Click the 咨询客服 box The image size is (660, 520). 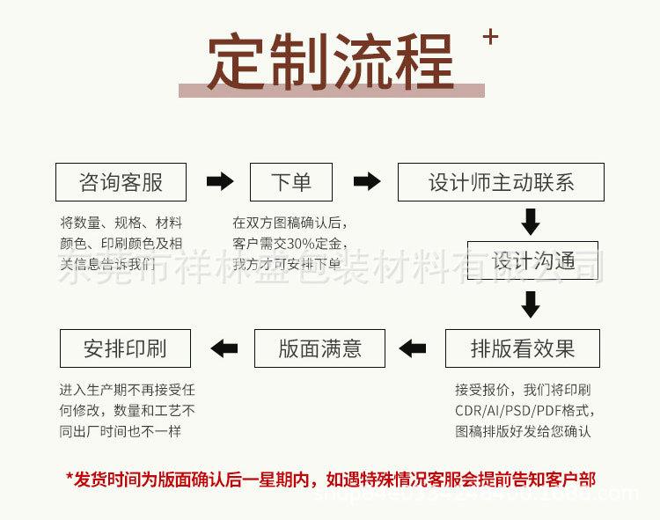[x=121, y=182]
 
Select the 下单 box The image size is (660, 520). [x=291, y=182]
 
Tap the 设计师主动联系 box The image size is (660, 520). [x=501, y=182]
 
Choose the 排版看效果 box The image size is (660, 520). [x=522, y=348]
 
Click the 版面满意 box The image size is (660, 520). [x=319, y=348]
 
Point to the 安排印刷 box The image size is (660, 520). [x=125, y=348]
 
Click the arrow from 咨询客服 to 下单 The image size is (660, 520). [x=219, y=182]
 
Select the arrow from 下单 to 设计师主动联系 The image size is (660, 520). [x=366, y=182]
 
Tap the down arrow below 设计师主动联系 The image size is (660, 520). [x=530, y=221]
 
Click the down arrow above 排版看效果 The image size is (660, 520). [x=530, y=304]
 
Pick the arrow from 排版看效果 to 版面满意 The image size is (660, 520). [x=412, y=348]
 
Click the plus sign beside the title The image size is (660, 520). [x=491, y=37]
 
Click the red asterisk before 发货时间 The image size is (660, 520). [x=70, y=480]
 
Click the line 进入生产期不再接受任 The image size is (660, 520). [x=127, y=389]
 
